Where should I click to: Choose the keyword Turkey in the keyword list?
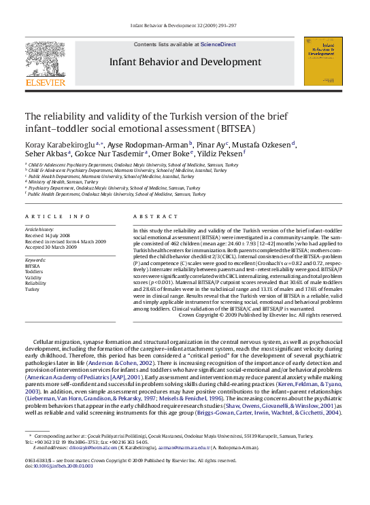coord(33,289)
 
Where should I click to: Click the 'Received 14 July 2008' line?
coord(52,236)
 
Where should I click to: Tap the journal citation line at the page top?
coord(184,26)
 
